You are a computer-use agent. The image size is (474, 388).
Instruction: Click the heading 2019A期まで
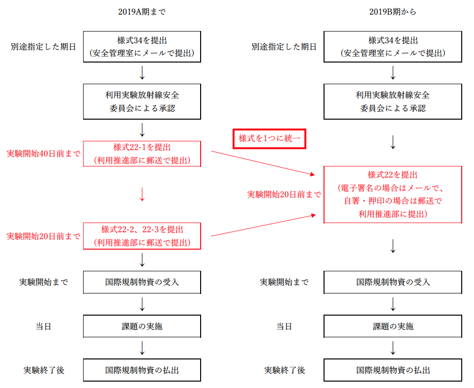[x=142, y=12]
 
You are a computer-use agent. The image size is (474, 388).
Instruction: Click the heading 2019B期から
[x=392, y=12]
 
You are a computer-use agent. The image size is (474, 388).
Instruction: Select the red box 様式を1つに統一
[x=269, y=139]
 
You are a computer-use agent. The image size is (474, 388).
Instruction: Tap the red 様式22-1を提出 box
[x=142, y=154]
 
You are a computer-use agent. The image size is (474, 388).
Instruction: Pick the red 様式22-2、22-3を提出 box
[x=142, y=236]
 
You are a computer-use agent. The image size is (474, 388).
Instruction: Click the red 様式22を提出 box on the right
[x=392, y=194]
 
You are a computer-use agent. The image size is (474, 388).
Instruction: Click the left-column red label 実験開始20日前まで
[x=43, y=236]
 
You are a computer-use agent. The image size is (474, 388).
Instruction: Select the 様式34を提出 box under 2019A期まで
[x=142, y=47]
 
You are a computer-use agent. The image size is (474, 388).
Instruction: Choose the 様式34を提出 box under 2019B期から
[x=392, y=47]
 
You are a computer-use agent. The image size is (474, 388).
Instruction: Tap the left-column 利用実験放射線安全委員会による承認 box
[x=142, y=101]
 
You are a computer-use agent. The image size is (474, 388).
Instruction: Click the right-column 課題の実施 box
[x=392, y=326]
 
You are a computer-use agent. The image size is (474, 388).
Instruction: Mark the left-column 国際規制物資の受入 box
[x=142, y=282]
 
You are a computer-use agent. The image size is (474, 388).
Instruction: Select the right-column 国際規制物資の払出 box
[x=392, y=370]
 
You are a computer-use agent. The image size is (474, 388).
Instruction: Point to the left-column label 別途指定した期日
[x=43, y=47]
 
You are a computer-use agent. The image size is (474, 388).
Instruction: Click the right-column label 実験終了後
[x=285, y=370]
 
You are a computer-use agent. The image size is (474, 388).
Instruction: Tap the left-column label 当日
[x=43, y=326]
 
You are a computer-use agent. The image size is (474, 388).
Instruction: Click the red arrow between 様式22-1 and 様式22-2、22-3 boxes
[x=142, y=194]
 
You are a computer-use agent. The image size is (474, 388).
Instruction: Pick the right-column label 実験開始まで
[x=284, y=283]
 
